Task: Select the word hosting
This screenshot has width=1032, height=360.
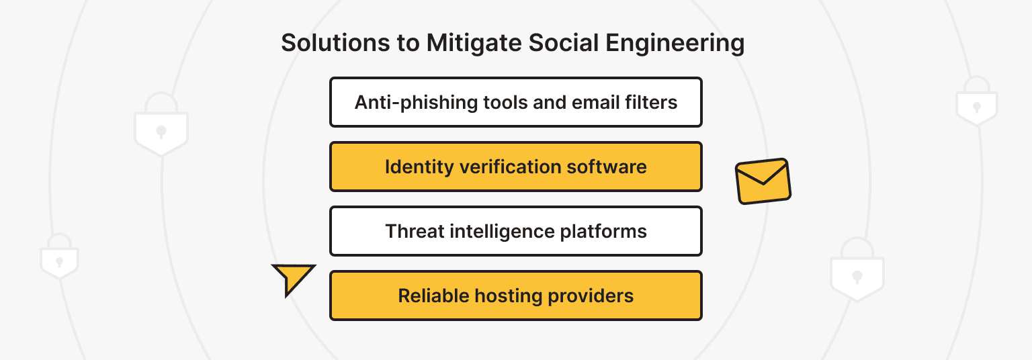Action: click(510, 296)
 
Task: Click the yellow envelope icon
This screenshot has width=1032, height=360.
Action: click(763, 181)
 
